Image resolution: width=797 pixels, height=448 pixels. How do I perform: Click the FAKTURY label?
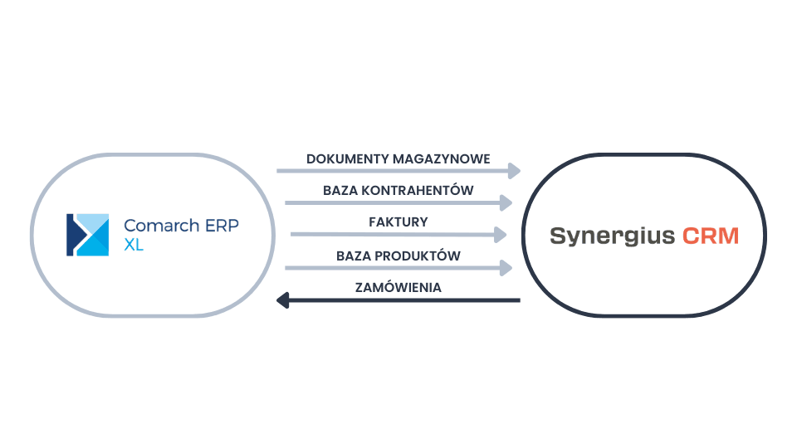[x=398, y=222]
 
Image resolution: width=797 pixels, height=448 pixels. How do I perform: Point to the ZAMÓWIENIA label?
[x=398, y=288]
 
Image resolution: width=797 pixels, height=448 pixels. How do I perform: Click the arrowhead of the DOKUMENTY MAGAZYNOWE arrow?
[x=514, y=171]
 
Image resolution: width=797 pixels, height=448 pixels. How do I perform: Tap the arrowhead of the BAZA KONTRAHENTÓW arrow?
[x=506, y=202]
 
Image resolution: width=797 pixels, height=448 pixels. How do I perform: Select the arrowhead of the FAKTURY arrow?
[x=500, y=235]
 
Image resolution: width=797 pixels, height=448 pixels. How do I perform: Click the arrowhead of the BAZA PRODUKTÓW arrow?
[x=506, y=267]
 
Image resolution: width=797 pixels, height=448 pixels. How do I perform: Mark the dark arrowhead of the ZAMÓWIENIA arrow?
[x=282, y=299]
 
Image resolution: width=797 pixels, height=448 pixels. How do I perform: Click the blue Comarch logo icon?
[x=88, y=235]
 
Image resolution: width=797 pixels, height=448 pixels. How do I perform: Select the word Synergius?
[x=612, y=236]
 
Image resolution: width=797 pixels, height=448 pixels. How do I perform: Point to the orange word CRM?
[x=710, y=236]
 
